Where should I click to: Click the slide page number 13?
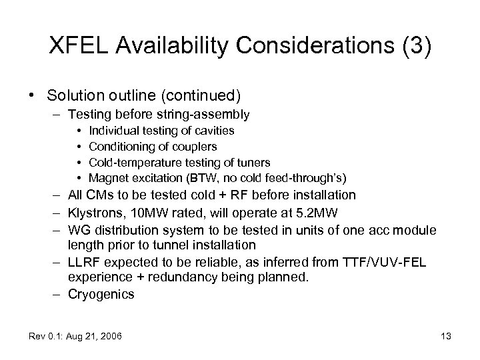445,336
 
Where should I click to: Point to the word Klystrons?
93,213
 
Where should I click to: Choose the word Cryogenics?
101,293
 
